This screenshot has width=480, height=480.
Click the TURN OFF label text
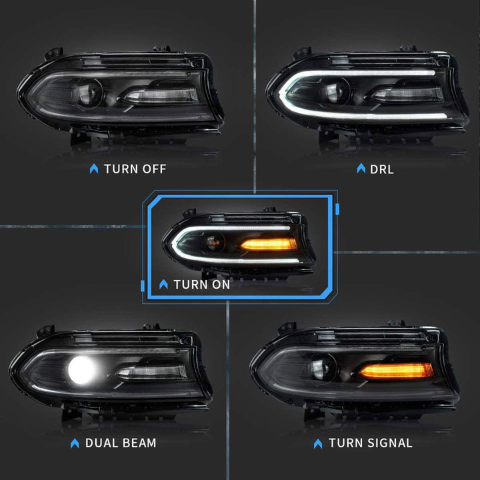pyautogui.click(x=135, y=169)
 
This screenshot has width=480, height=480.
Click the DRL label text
pyautogui.click(x=381, y=169)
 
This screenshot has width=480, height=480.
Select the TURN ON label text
pyautogui.click(x=201, y=284)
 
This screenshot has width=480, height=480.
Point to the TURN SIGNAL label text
pyautogui.click(x=371, y=443)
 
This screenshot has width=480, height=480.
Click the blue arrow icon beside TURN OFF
pyautogui.click(x=93, y=169)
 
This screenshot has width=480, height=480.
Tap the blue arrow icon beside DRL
pyautogui.click(x=361, y=169)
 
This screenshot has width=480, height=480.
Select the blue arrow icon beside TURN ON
pyautogui.click(x=164, y=284)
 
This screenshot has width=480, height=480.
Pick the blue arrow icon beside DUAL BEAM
pyautogui.click(x=75, y=443)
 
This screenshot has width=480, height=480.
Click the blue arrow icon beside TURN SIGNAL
pyautogui.click(x=318, y=443)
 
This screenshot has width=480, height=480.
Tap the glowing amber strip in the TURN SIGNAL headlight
pyautogui.click(x=395, y=371)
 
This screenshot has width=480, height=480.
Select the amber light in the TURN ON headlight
pyautogui.click(x=269, y=244)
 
